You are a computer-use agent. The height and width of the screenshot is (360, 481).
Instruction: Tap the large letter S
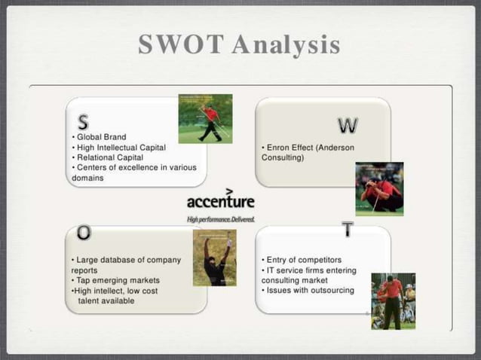pyautogui.click(x=83, y=123)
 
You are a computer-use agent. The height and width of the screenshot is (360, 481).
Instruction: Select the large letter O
pyautogui.click(x=84, y=233)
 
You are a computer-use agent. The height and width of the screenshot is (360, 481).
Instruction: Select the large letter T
pyautogui.click(x=347, y=230)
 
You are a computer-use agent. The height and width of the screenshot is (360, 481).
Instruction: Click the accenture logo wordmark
pyautogui.click(x=220, y=202)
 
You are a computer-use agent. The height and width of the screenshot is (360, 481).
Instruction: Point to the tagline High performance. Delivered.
pyautogui.click(x=220, y=219)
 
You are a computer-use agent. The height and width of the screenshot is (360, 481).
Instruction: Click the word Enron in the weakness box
pyautogui.click(x=280, y=148)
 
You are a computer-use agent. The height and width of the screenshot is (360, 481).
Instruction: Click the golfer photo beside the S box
pyautogui.click(x=205, y=118)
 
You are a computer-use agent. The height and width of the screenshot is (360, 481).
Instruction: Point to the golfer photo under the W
pyautogui.click(x=379, y=189)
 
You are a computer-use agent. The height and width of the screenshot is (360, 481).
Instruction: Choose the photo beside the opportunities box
pyautogui.click(x=214, y=258)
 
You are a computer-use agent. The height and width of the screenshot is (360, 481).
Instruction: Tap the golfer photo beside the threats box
pyautogui.click(x=393, y=301)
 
